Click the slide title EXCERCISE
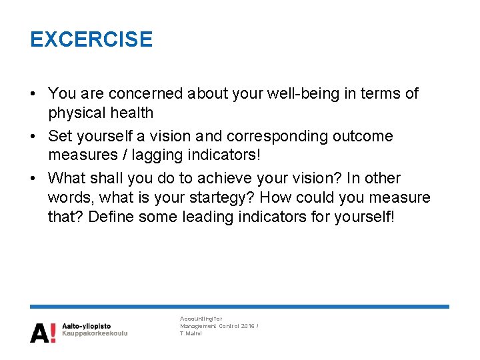pyautogui.click(x=91, y=39)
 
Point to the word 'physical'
pyautogui.click(x=77, y=113)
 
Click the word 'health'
pyautogui.click(x=133, y=113)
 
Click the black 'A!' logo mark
pyautogui.click(x=42, y=331)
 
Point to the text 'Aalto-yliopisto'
pyautogui.click(x=86, y=326)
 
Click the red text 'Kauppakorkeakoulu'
pyautogui.click(x=94, y=333)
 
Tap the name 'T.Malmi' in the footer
pyautogui.click(x=191, y=333)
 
